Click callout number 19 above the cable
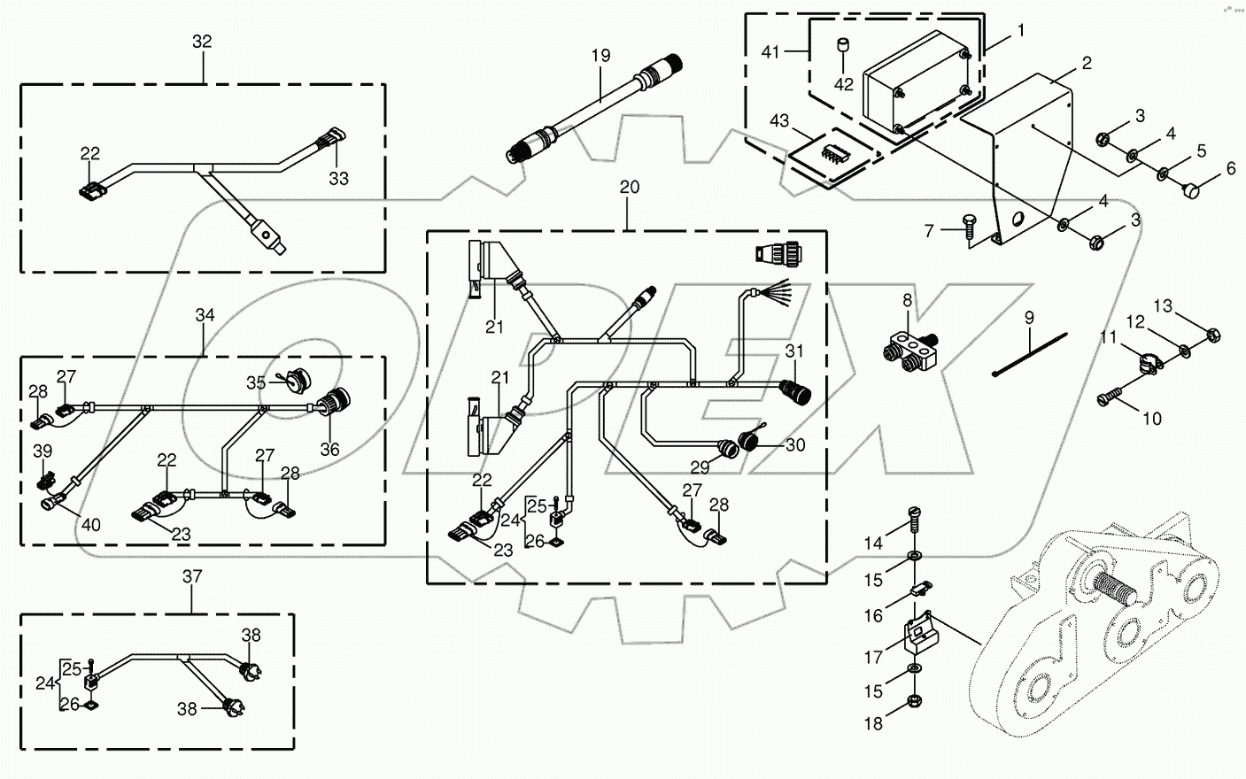tap(600, 55)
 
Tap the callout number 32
tap(202, 41)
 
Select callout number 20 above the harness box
tap(629, 188)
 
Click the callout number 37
tap(192, 576)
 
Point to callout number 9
tap(1029, 316)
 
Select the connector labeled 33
tap(329, 143)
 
